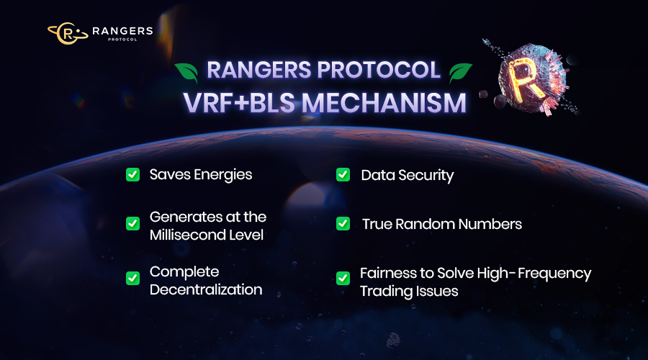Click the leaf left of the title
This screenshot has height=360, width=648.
click(x=186, y=71)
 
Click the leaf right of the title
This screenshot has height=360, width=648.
click(x=460, y=71)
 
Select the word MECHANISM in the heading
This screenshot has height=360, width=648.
click(x=383, y=102)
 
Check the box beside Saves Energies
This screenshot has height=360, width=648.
click(x=132, y=174)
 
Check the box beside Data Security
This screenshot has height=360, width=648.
click(x=343, y=174)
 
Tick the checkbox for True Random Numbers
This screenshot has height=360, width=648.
click(x=343, y=224)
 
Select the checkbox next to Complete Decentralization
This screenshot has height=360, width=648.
click(x=132, y=278)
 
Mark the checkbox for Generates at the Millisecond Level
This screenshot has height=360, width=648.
click(x=132, y=223)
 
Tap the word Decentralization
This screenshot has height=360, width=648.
click(x=206, y=290)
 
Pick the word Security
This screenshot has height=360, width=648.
click(x=426, y=175)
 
